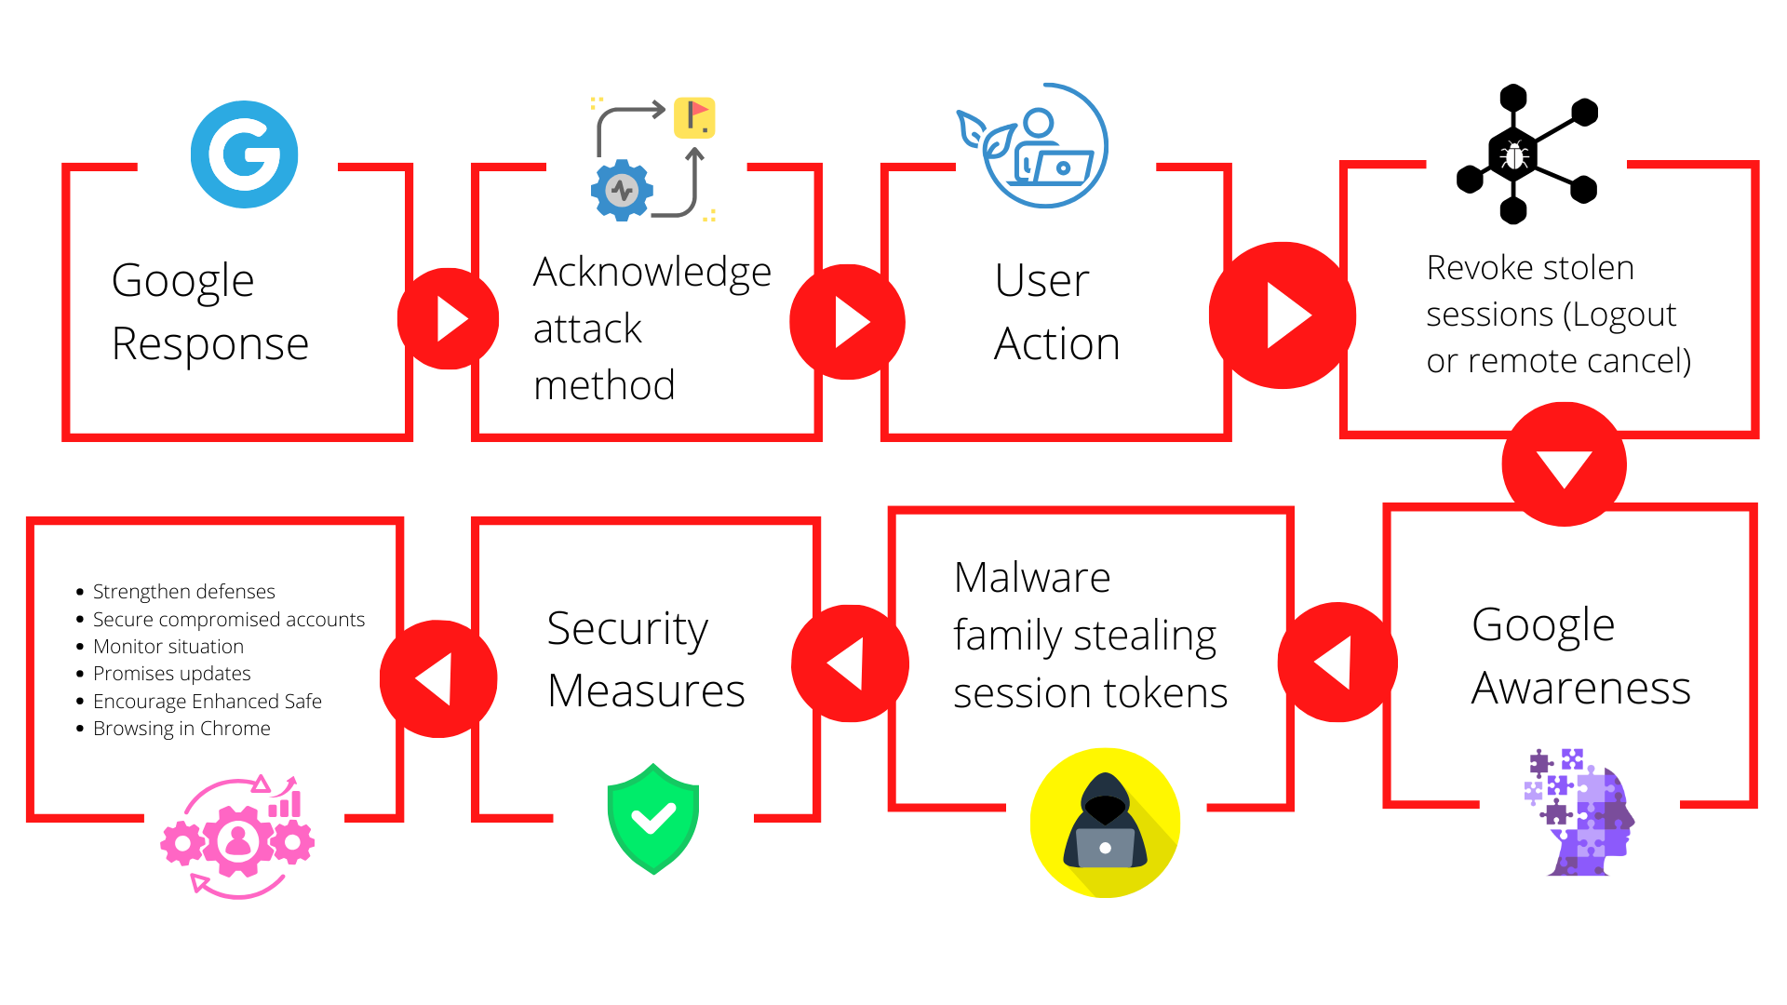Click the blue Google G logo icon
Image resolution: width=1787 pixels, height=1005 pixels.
coord(244,154)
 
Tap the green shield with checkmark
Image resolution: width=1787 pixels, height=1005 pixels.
coord(653,819)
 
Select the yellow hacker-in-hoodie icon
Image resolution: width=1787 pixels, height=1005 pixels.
coord(1105,823)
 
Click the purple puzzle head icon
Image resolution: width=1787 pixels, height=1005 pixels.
coord(1579,811)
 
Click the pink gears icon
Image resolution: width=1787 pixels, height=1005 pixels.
coord(238,837)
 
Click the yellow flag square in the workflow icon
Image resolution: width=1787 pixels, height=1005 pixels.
coord(694,117)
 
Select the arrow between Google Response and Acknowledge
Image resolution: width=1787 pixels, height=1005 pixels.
coord(449,319)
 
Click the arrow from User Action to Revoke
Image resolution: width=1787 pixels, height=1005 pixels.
coord(1283,315)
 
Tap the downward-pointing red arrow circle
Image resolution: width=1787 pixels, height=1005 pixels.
coord(1564,464)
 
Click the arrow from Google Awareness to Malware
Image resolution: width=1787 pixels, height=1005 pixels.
coord(1337,663)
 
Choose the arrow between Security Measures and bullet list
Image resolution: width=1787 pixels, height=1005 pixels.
coord(437,679)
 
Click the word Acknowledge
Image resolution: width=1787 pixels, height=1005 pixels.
coord(652,272)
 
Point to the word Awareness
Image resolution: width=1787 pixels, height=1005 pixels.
coord(1580,688)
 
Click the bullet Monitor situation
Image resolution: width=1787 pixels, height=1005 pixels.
coord(168,646)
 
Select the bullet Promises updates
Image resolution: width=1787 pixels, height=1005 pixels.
coord(171,673)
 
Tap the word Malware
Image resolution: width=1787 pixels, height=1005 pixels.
coord(1032,577)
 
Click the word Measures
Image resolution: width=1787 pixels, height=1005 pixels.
coord(646,690)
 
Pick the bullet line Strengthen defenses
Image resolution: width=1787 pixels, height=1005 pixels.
coord(183,591)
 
